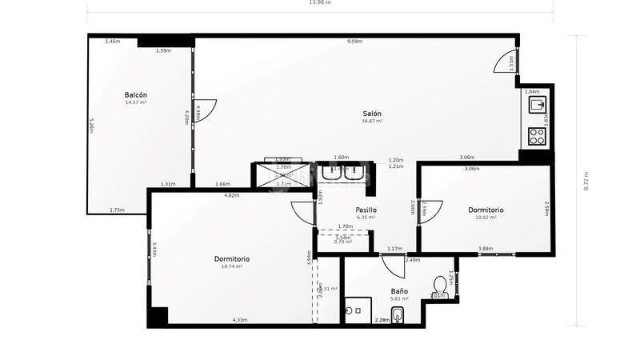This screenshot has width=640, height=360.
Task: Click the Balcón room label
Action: pyautogui.click(x=135, y=94)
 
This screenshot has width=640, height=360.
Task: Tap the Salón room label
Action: pyautogui.click(x=371, y=114)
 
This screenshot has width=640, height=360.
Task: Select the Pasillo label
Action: pyautogui.click(x=366, y=210)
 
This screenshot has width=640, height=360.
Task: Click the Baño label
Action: pyautogui.click(x=400, y=290)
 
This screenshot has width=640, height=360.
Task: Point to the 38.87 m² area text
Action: pyautogui.click(x=372, y=122)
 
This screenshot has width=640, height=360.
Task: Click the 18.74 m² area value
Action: pyautogui.click(x=231, y=266)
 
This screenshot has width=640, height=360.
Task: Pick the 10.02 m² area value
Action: pyautogui.click(x=486, y=218)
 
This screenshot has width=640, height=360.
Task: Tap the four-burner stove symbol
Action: pyautogui.click(x=536, y=136)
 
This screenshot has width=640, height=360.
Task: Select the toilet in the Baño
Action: pyautogui.click(x=439, y=286)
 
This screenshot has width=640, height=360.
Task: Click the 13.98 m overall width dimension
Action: pyautogui.click(x=319, y=3)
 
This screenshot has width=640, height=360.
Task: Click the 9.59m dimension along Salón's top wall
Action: pyautogui.click(x=354, y=42)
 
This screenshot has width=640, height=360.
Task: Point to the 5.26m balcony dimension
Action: pyautogui.click(x=92, y=126)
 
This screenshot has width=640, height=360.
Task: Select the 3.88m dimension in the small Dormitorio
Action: pyautogui.click(x=485, y=249)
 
